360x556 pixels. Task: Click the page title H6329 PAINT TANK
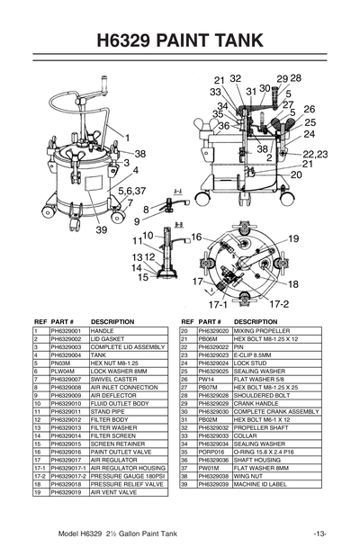point(179,40)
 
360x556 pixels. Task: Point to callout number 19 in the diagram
point(293,238)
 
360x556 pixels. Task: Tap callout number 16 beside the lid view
point(195,237)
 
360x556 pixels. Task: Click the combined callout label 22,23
point(314,155)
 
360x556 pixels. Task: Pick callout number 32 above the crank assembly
point(236,79)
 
